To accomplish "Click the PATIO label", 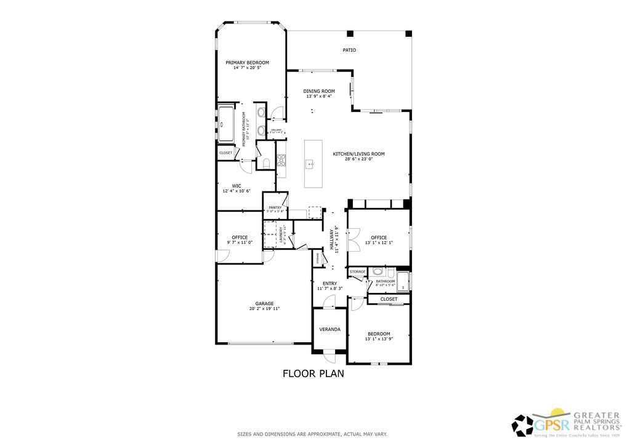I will tap(349, 50).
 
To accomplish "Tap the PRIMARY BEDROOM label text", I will tap(247, 62).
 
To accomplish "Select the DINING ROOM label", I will tap(319, 91).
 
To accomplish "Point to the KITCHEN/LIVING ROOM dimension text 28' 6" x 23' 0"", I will tap(358, 159).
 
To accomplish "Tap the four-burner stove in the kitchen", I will tap(281, 160).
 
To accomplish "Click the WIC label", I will tap(236, 186).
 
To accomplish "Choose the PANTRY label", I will tap(275, 208).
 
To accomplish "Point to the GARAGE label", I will tap(264, 303).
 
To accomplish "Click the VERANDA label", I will tap(330, 329).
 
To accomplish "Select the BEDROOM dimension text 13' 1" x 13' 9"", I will tap(379, 339).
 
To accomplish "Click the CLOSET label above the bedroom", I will tap(389, 299).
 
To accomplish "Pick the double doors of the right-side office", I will tap(353, 239).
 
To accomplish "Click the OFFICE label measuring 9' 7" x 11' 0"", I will tap(240, 237).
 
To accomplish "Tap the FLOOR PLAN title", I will tap(313, 373).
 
